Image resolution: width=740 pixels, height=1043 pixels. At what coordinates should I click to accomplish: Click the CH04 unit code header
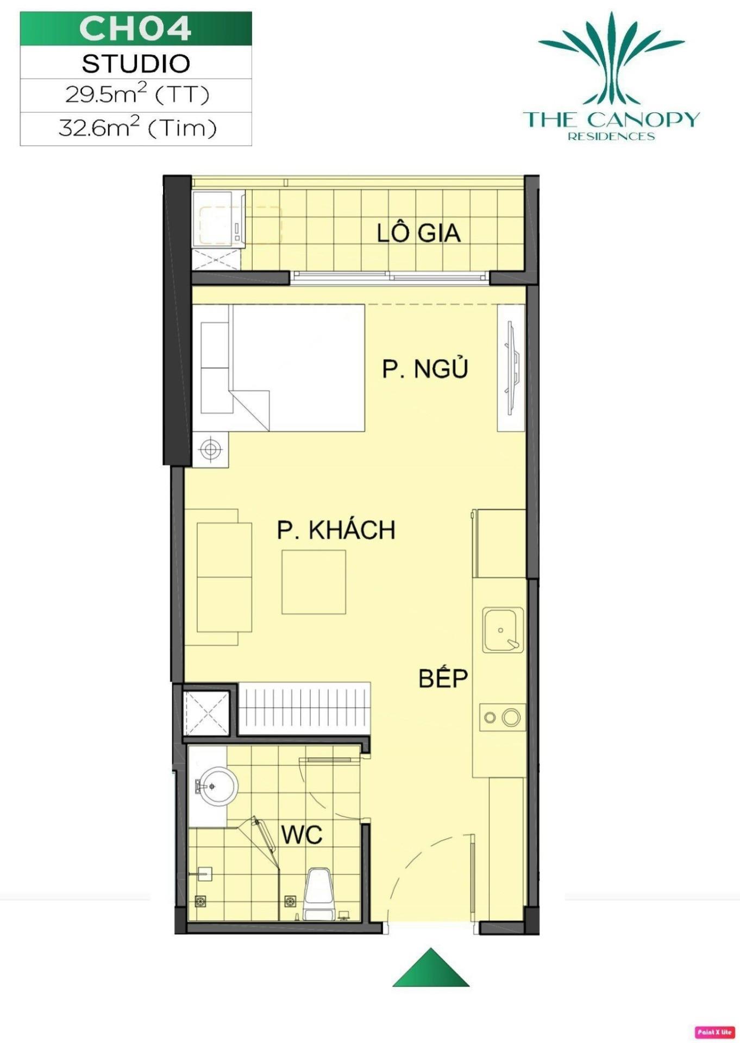pos(135,28)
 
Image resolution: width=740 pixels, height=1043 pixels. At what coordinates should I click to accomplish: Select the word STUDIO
pos(136,64)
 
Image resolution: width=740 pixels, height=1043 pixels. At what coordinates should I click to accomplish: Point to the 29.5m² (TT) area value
pos(137,95)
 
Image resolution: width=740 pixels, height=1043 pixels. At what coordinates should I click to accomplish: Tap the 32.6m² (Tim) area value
pos(137,128)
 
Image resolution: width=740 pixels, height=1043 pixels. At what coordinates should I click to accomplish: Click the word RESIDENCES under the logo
pos(611,136)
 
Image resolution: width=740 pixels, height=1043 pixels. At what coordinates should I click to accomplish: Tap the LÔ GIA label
pos(419,233)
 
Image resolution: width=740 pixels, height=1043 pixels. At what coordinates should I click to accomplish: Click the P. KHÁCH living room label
pos(336,530)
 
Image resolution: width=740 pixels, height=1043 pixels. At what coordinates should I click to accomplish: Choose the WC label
pos(302,834)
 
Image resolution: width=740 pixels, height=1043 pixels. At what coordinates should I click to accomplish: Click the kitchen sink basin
pos(503,630)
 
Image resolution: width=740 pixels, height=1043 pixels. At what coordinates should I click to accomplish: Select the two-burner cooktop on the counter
pos(503,717)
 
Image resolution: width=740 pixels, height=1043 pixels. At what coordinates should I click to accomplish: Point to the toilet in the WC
pos(317,894)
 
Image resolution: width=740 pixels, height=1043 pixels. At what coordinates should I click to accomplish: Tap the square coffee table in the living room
pos(313,582)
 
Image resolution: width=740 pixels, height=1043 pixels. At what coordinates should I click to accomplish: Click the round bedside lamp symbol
pos(210,449)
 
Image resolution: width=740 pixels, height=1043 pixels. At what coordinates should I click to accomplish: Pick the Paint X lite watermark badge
pos(714,1032)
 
